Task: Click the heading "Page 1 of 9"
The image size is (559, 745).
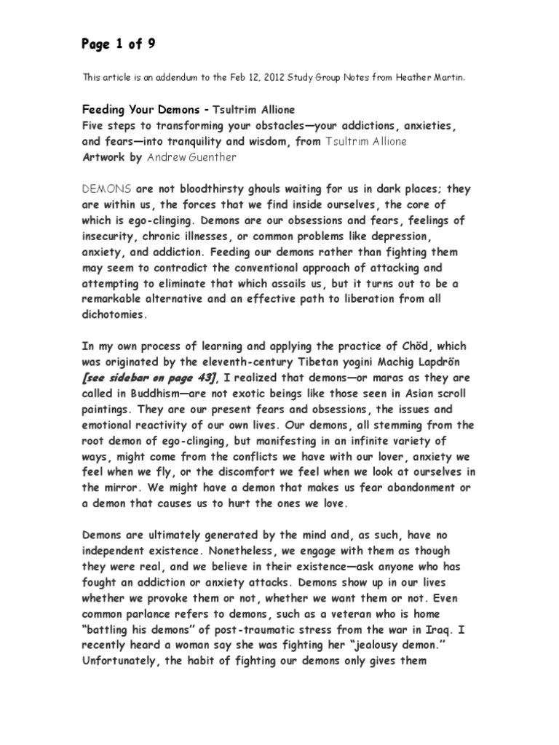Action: pos(118,44)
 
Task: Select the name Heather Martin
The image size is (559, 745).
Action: pos(435,77)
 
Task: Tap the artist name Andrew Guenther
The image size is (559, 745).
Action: pos(192,157)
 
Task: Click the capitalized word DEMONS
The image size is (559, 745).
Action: pos(106,189)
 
